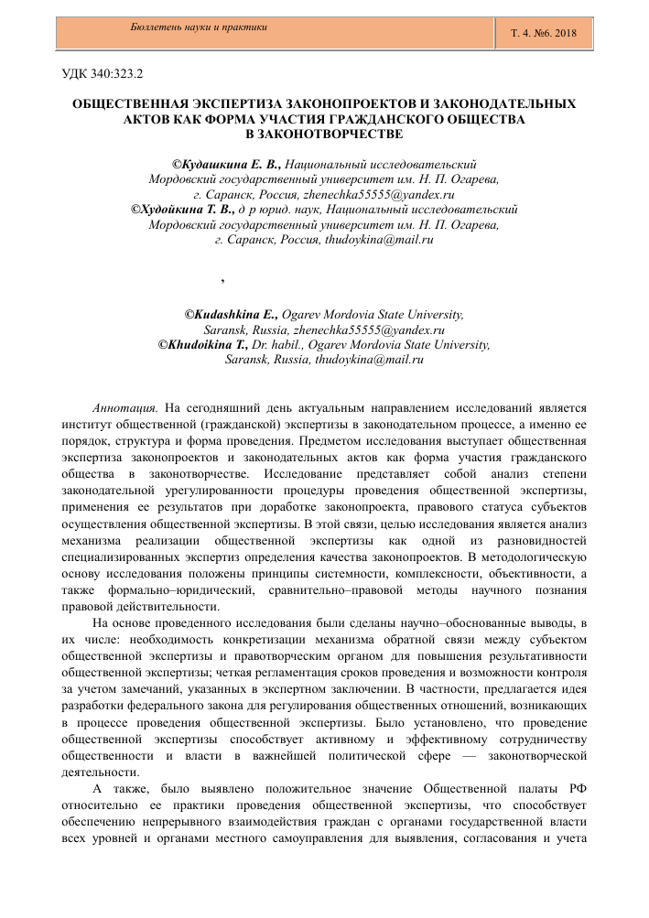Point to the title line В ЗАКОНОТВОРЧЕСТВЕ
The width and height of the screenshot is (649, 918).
tap(325, 134)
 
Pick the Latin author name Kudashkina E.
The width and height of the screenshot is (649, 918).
tap(233, 314)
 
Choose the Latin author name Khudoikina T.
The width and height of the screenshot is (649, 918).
tap(206, 345)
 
